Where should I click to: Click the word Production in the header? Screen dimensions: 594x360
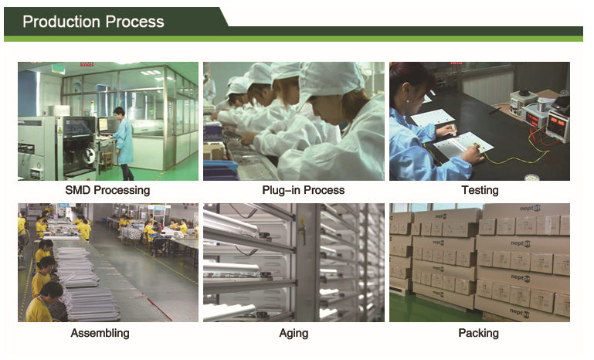pos(62,22)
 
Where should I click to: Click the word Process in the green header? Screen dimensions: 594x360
pos(135,22)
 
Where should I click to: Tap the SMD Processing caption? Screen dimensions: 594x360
pos(107,190)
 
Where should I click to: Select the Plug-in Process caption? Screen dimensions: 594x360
pos(304,190)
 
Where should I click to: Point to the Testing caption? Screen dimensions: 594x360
pos(480,190)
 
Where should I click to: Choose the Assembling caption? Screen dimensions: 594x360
pos(100,333)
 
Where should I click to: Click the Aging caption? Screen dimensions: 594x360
pos(294,334)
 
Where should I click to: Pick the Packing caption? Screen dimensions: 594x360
pos(478,333)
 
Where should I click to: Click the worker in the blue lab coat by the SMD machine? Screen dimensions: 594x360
pos(123,143)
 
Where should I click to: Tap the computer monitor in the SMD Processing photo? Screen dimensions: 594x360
pos(103,124)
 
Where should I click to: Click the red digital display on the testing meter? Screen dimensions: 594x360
pos(557,122)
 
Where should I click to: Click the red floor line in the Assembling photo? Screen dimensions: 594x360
pos(158,309)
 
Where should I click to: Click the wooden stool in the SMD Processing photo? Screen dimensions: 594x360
pos(108,160)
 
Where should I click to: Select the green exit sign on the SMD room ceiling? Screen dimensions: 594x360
pos(59,69)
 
